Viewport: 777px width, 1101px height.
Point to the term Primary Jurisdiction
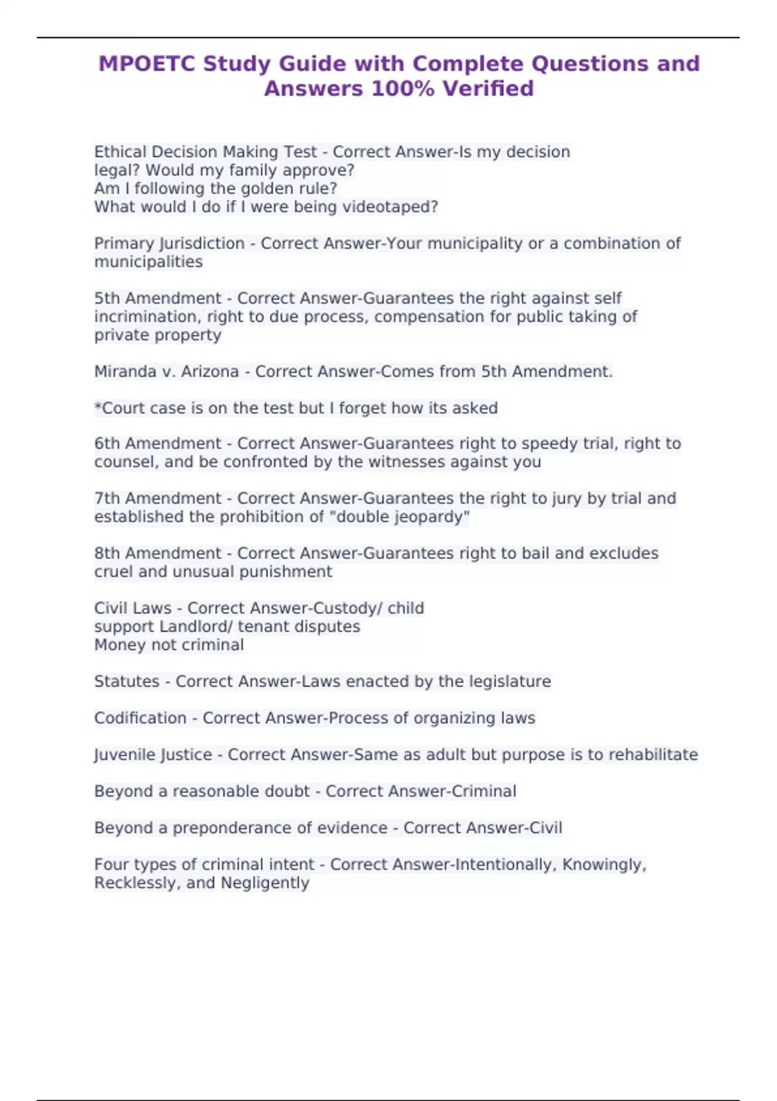point(169,244)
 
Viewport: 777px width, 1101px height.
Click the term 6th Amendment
point(157,444)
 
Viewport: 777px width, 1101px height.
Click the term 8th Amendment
point(157,554)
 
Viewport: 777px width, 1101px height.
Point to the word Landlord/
point(196,627)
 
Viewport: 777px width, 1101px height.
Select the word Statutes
point(126,681)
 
